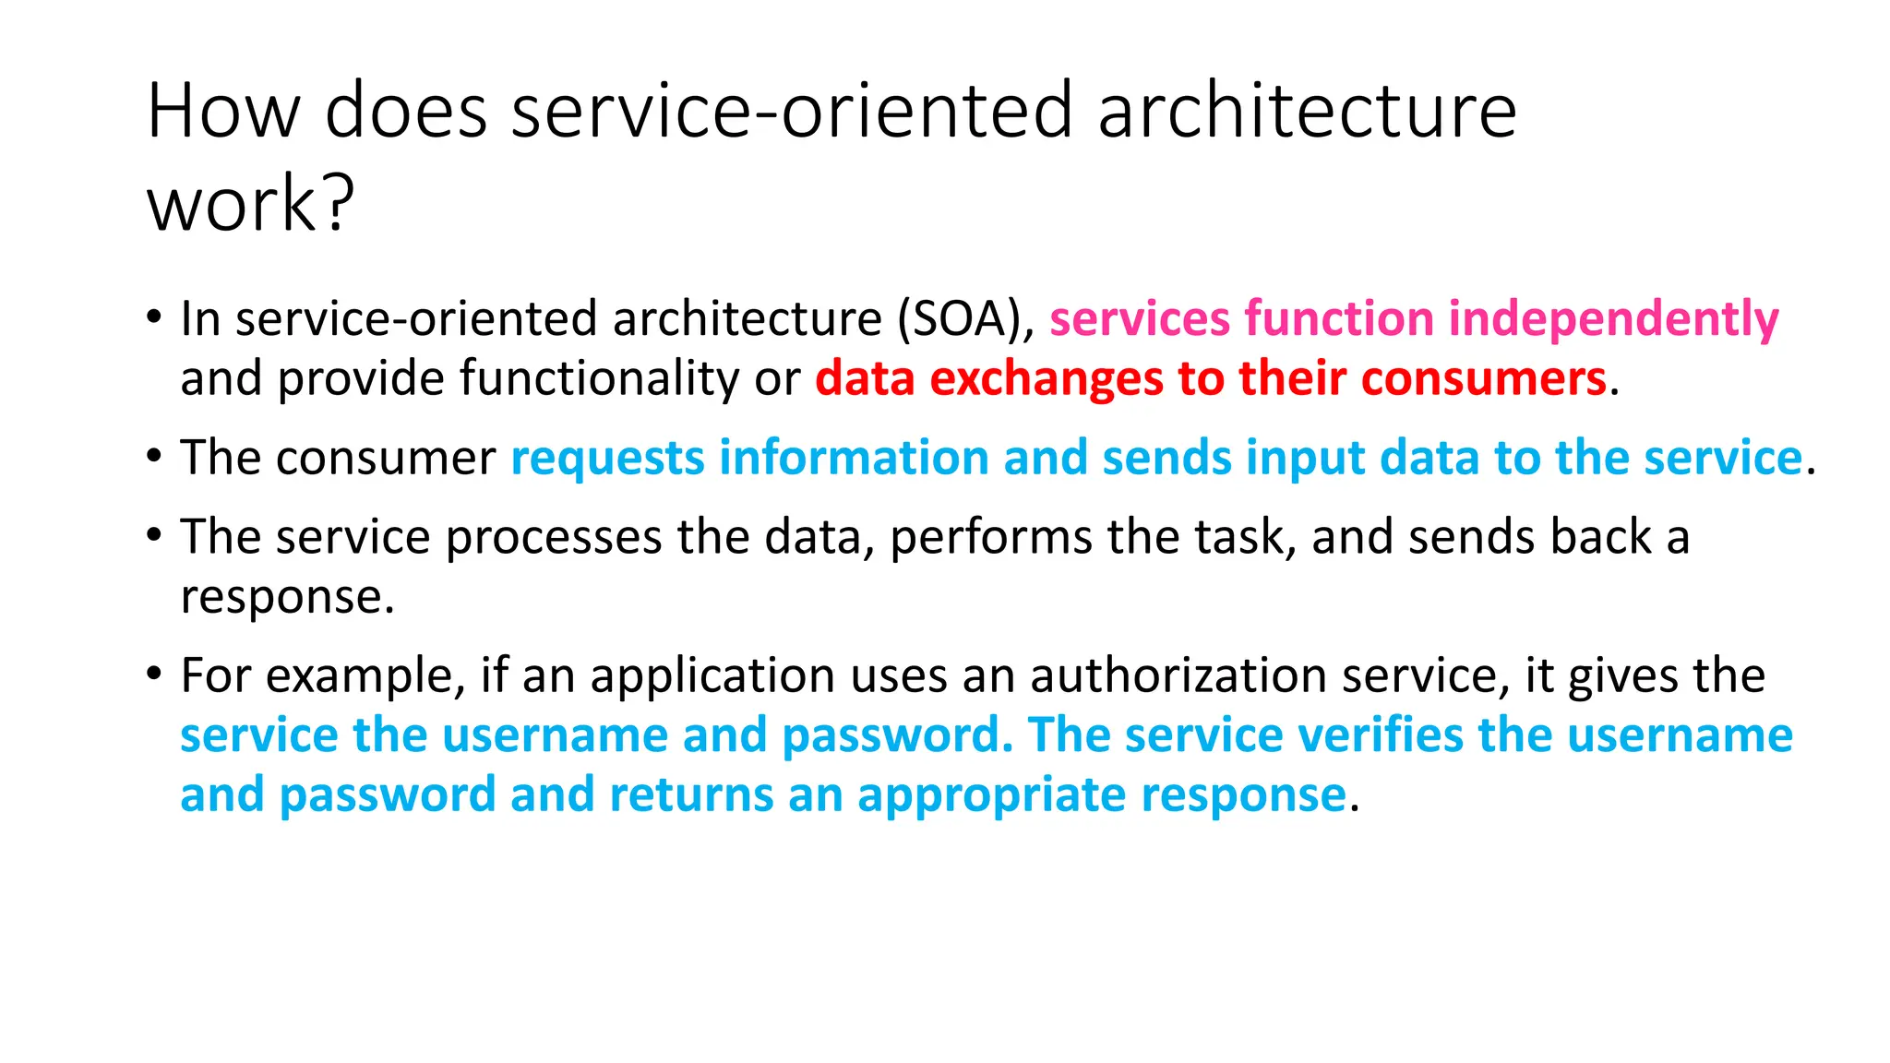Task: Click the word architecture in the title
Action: pos(1307,111)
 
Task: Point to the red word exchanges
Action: pos(1046,379)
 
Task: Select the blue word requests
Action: pos(607,459)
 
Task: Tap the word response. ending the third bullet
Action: pos(287,598)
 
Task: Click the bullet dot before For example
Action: pos(154,673)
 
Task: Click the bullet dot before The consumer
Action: pos(154,455)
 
